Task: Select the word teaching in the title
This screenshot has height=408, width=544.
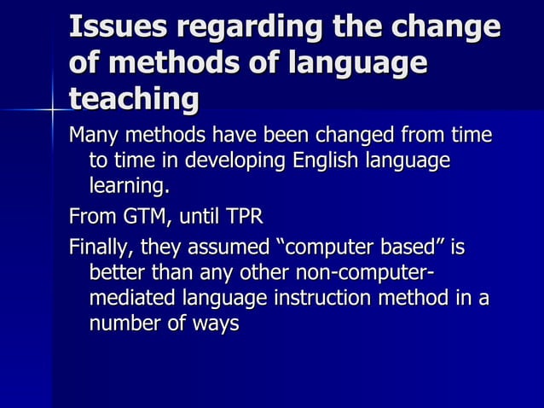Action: [x=134, y=100]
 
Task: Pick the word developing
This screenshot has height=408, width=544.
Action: [x=235, y=161]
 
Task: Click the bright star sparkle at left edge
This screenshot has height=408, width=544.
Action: [x=53, y=110]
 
